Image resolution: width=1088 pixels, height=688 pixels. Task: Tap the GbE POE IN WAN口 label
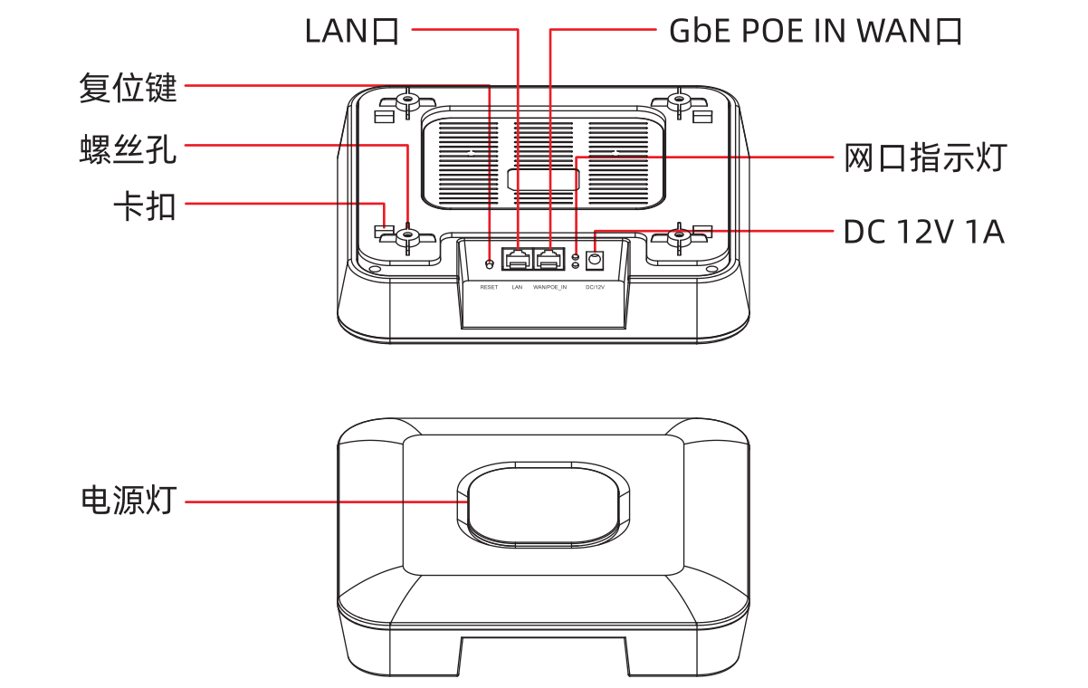click(815, 31)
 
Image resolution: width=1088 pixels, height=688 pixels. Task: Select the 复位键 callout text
click(128, 88)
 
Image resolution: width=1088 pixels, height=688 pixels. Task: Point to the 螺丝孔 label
click(128, 150)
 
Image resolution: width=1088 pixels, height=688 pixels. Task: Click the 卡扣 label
click(144, 207)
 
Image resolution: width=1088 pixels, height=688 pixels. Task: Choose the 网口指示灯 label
click(924, 158)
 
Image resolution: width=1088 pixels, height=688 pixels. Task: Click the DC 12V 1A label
click(923, 232)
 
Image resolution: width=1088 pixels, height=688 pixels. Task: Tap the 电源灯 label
click(128, 500)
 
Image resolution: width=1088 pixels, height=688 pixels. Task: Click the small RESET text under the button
click(489, 288)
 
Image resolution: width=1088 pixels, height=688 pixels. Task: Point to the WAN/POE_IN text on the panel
click(549, 288)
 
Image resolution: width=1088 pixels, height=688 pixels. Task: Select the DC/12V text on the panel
click(595, 288)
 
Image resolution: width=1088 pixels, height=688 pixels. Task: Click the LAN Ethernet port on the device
click(518, 260)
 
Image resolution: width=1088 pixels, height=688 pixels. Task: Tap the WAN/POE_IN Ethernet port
click(549, 260)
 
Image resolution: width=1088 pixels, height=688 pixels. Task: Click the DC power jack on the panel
click(595, 261)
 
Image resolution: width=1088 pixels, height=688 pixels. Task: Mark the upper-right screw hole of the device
click(680, 100)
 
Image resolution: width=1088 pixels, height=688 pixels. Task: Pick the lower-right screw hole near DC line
click(680, 237)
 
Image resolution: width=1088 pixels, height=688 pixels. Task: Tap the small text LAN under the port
click(517, 288)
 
